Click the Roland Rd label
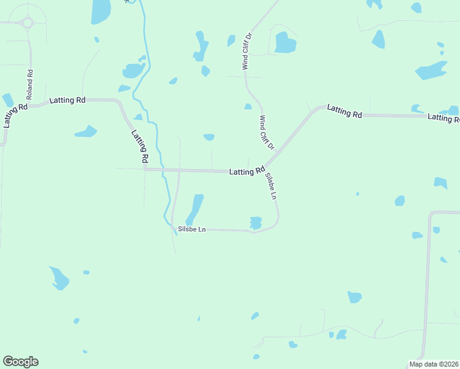pyautogui.click(x=30, y=85)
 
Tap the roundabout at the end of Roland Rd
pyautogui.click(x=28, y=23)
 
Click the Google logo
pyautogui.click(x=20, y=362)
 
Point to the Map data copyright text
pyautogui.click(x=434, y=364)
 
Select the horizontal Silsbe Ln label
pyautogui.click(x=191, y=229)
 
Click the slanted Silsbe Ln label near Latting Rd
pyautogui.click(x=271, y=186)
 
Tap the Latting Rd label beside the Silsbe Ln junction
pyautogui.click(x=247, y=172)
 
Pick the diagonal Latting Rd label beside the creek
pyautogui.click(x=140, y=146)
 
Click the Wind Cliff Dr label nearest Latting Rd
pyautogui.click(x=266, y=133)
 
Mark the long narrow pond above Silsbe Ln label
pyautogui.click(x=194, y=209)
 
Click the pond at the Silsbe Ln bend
pyautogui.click(x=256, y=223)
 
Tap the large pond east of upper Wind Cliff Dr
pyautogui.click(x=285, y=42)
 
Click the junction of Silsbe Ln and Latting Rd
pyautogui.click(x=265, y=169)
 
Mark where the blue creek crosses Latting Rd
pyautogui.click(x=163, y=170)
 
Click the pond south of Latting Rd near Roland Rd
pyautogui.click(x=85, y=131)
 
